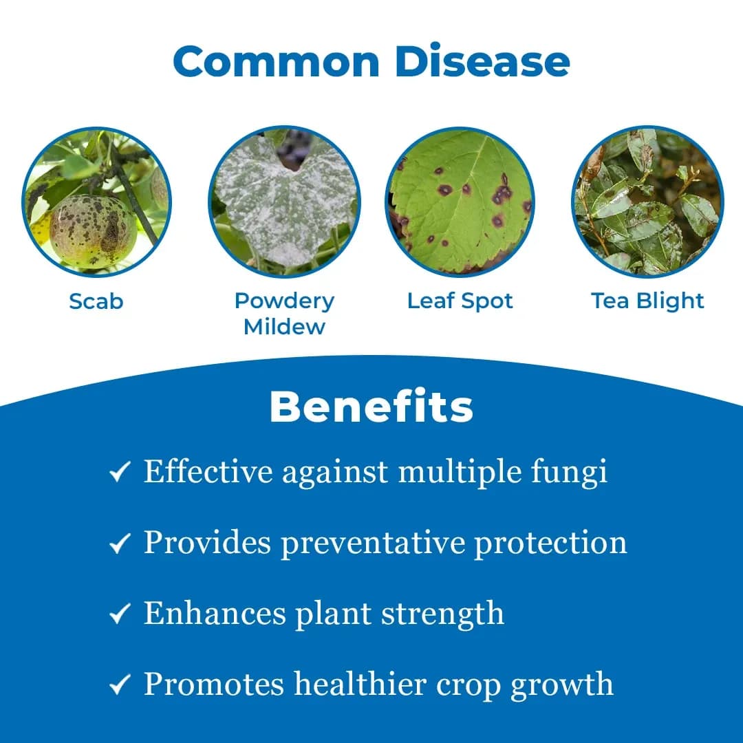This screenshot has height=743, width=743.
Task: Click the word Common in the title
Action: (276, 61)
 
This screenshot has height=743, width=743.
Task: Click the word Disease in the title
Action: (482, 61)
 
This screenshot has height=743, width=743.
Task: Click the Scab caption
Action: (96, 301)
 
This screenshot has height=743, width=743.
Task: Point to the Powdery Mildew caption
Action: (284, 313)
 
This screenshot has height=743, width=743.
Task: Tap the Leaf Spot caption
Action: (460, 301)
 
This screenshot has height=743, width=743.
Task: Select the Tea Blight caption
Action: (647, 301)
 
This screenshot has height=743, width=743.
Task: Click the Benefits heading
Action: (371, 407)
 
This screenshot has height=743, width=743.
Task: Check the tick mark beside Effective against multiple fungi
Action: (120, 473)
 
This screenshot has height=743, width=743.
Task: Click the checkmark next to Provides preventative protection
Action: (120, 544)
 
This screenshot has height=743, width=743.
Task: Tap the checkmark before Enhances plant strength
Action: (120, 614)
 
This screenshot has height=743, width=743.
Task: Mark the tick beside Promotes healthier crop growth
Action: (120, 685)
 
